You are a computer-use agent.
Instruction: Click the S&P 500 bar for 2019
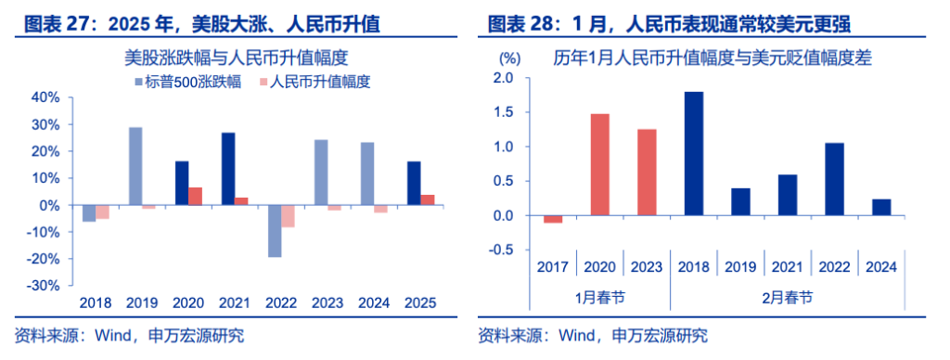pos(135,166)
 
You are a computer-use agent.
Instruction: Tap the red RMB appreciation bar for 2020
pos(195,197)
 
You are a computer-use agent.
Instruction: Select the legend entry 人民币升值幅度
pos(314,82)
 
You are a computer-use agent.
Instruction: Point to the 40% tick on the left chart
pos(45,97)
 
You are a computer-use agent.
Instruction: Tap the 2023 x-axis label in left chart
pos(322,302)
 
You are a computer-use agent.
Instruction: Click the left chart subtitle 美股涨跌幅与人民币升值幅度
pos(237,58)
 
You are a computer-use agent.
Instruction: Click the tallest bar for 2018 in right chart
pos(692,154)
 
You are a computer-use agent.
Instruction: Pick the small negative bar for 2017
pos(553,219)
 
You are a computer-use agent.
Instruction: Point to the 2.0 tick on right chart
pos(502,79)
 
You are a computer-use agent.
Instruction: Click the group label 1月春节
pos(599,297)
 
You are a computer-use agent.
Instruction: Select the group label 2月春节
pos(787,297)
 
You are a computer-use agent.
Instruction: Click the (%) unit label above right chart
pos(507,58)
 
